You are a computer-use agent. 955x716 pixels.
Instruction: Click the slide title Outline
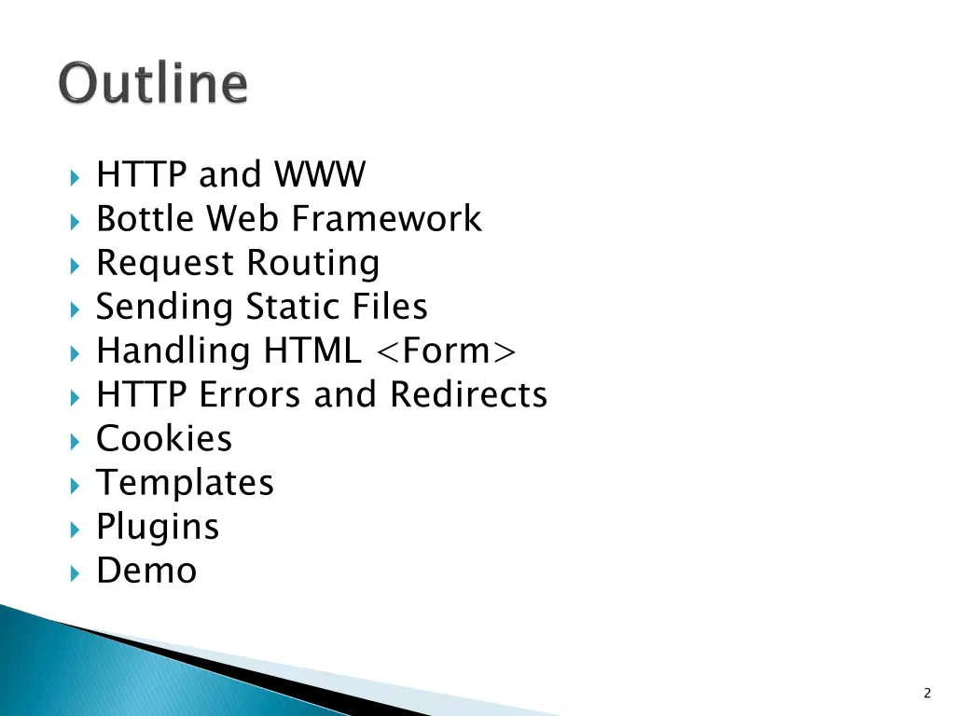point(155,84)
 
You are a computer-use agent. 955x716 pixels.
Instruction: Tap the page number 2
point(926,693)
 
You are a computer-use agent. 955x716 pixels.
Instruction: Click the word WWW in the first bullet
point(320,174)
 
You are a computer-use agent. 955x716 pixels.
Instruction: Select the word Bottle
point(146,219)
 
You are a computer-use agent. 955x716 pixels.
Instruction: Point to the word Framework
point(386,219)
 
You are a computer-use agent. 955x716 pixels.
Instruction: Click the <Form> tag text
point(446,351)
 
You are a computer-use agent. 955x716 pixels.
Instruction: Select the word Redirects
point(468,394)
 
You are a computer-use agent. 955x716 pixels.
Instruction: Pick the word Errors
point(252,394)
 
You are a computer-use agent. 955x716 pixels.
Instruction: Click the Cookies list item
point(164,438)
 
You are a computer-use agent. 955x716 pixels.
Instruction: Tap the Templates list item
point(185,483)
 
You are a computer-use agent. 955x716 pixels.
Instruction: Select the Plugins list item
point(158,528)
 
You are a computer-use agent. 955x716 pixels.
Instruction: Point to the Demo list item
point(146,571)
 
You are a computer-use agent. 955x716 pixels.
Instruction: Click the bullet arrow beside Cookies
point(75,440)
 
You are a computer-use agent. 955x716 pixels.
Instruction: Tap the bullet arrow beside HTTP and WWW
point(75,176)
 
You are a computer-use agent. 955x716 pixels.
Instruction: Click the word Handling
point(173,351)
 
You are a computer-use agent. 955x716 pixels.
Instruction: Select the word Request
point(164,264)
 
